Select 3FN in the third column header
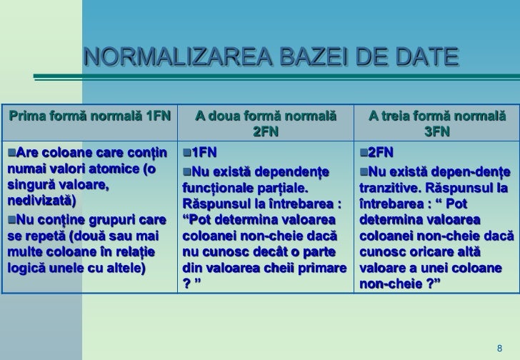tap(436, 131)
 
